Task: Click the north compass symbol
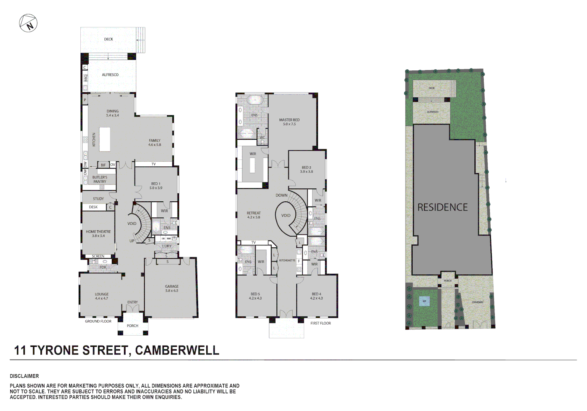(28, 23)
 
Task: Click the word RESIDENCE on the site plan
(442, 207)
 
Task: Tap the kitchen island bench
(105, 139)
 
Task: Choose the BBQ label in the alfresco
(86, 78)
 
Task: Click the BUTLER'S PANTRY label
(100, 179)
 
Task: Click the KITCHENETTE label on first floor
(287, 260)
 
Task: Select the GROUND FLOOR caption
(98, 321)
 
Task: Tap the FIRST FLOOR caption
(321, 323)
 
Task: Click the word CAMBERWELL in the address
(177, 350)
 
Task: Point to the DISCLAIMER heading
(24, 376)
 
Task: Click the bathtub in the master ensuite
(254, 100)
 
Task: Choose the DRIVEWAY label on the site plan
(477, 302)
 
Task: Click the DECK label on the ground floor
(108, 39)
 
